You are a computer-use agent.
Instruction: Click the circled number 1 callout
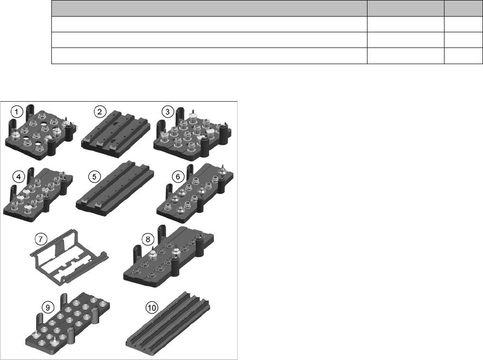coord(17,112)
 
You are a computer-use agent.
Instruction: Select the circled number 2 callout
coord(99,112)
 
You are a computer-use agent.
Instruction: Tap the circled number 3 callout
coord(167,112)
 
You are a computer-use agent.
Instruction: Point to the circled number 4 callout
coord(19,177)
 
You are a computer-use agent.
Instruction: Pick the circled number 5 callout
coord(94,177)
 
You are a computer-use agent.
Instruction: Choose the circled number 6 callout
coord(178,177)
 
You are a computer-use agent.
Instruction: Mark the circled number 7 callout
coord(41,239)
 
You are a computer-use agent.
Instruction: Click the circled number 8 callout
coord(148,239)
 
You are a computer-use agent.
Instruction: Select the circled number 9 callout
coord(48,307)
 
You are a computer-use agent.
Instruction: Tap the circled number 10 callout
coord(152,307)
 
